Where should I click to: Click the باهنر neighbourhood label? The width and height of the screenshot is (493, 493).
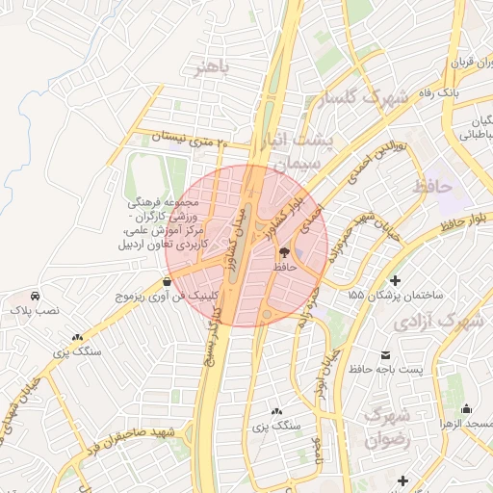[x=212, y=68]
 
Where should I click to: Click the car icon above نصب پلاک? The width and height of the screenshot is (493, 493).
[x=36, y=295]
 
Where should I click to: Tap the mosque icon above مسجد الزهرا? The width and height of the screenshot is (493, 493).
[x=467, y=408]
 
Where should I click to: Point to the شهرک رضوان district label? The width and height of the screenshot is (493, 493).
[x=389, y=428]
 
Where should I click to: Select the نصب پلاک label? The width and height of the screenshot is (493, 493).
[x=36, y=311]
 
